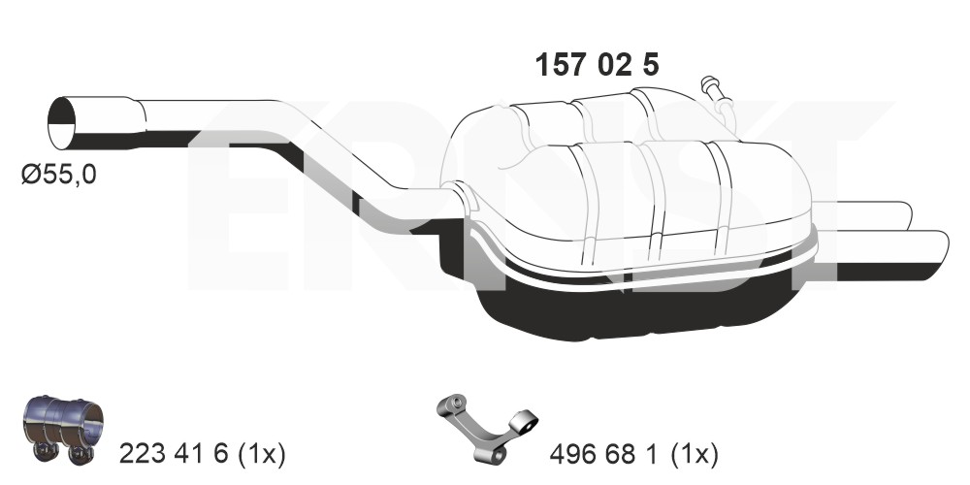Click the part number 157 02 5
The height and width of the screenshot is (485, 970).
(597, 65)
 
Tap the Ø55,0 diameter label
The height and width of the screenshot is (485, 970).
(59, 175)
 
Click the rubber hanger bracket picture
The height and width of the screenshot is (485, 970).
(487, 427)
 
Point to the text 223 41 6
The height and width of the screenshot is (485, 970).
(174, 455)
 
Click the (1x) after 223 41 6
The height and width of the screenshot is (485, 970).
(261, 455)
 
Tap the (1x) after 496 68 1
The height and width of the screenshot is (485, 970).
(695, 455)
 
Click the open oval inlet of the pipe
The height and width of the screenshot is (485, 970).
(61, 123)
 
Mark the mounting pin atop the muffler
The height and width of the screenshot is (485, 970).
(717, 92)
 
